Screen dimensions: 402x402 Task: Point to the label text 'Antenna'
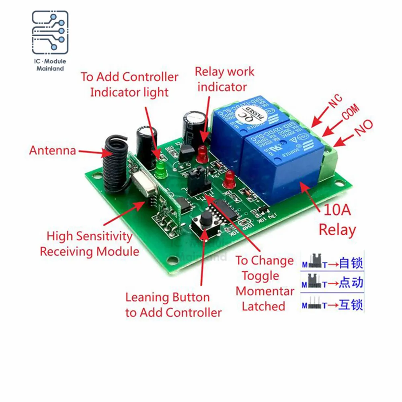[x=52, y=151]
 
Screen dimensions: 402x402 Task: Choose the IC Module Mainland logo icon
[x=50, y=33]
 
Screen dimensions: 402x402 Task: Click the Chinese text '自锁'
[x=351, y=263]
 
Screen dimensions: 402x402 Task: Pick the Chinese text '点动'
[x=351, y=283]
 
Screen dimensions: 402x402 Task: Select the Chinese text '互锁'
[x=351, y=304]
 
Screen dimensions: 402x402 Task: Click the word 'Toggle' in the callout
[x=260, y=276]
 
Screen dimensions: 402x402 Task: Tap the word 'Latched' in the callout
[x=263, y=306]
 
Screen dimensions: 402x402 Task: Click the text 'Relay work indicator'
[x=224, y=79]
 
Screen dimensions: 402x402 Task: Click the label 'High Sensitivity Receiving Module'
[x=89, y=244]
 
